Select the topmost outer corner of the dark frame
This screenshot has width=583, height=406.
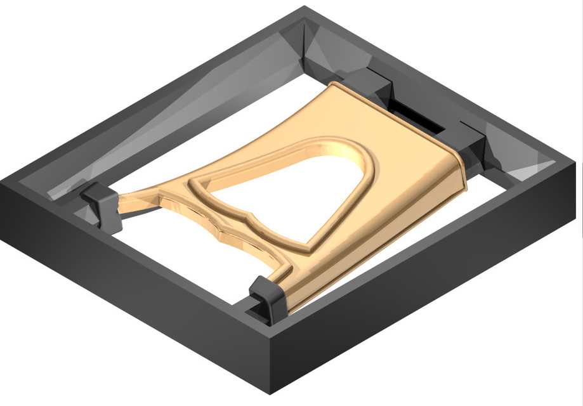305,8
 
